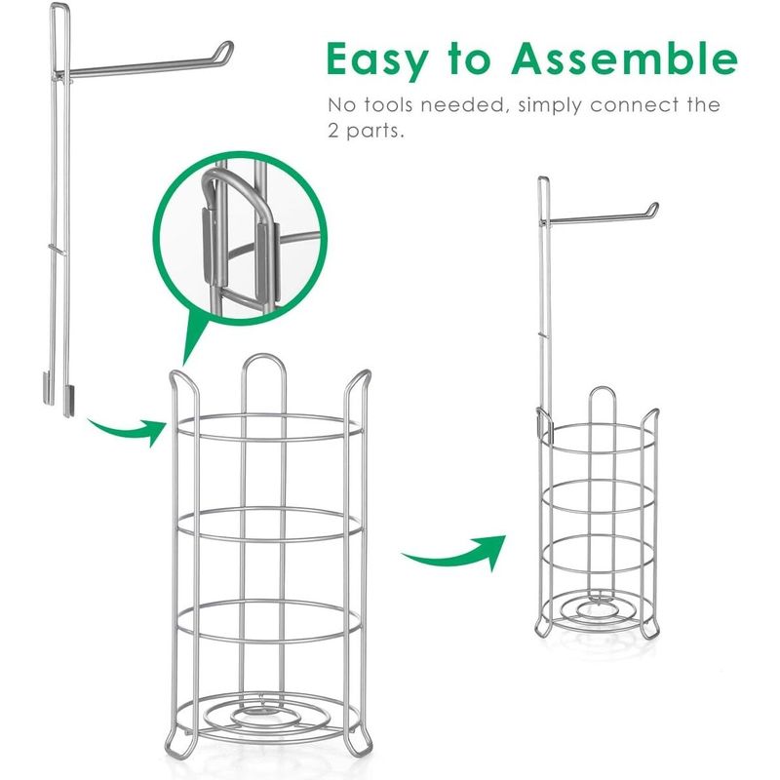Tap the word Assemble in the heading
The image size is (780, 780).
tap(624, 58)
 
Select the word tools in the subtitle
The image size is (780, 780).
tap(389, 105)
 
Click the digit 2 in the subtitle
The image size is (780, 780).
tap(333, 132)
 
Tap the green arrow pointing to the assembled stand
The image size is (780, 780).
tap(455, 552)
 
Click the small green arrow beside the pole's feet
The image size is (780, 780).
tap(128, 429)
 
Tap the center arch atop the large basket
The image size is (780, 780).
tap(263, 362)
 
